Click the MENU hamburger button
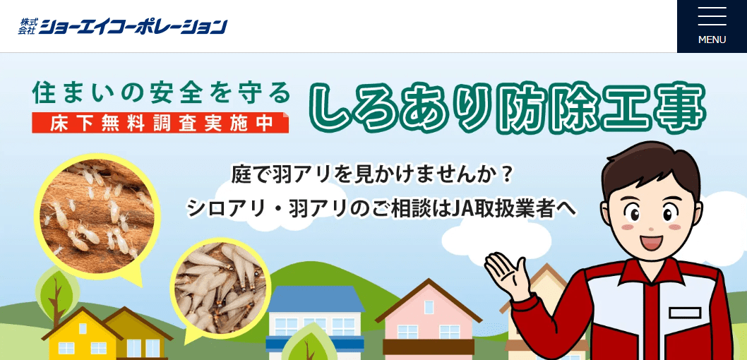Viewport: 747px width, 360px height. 712,26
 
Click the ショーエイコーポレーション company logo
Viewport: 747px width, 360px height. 124,26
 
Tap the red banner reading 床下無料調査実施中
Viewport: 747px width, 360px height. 160,122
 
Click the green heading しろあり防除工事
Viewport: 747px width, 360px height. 507,109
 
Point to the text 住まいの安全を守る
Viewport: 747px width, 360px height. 162,92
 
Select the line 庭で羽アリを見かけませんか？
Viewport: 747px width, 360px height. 372,174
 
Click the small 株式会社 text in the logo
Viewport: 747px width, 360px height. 27,27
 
